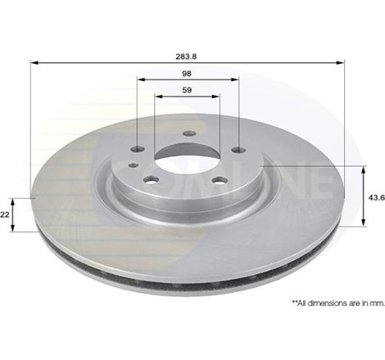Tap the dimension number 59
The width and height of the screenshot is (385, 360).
pos(187,90)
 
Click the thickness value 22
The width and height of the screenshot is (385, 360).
pos(6,214)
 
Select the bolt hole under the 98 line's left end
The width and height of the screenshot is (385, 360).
pos(138,149)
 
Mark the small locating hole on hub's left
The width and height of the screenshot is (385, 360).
pos(134,165)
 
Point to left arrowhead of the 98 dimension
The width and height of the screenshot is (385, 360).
pos(139,79)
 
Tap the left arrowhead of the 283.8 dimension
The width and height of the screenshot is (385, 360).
pos(34,61)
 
